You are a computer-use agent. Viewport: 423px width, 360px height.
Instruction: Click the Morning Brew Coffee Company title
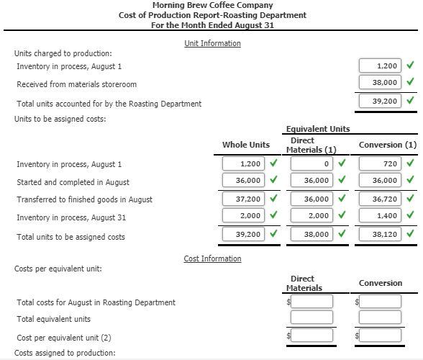click(x=212, y=5)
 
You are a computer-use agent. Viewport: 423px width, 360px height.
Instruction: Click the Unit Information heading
click(x=212, y=43)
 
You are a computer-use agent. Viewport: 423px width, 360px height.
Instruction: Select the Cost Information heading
click(x=212, y=258)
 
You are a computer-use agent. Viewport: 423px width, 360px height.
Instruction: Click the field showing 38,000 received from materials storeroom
click(x=380, y=83)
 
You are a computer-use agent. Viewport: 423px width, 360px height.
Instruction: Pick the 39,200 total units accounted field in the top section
click(x=380, y=102)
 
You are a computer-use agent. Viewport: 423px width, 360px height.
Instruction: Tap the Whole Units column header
click(x=246, y=145)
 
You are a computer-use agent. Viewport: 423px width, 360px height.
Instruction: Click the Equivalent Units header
click(x=318, y=129)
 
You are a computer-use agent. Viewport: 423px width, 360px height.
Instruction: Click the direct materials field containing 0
click(x=311, y=163)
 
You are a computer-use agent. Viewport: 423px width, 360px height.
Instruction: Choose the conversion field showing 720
click(x=381, y=163)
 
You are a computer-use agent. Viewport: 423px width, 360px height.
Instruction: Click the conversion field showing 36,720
click(x=381, y=198)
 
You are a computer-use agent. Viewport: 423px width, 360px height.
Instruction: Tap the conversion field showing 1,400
click(x=381, y=215)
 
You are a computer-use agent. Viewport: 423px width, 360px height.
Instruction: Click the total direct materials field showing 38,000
click(x=311, y=234)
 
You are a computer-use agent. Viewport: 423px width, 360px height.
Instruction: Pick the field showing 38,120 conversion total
click(x=381, y=234)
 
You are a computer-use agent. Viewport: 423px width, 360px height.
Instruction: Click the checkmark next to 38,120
click(x=410, y=234)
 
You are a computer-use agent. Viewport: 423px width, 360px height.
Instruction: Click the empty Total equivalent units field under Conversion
click(x=381, y=318)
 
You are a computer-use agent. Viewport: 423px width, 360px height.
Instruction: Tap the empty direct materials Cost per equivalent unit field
click(x=311, y=335)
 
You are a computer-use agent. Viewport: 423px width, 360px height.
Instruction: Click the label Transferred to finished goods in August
click(x=84, y=199)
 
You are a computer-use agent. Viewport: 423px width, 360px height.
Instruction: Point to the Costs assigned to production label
click(x=65, y=353)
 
